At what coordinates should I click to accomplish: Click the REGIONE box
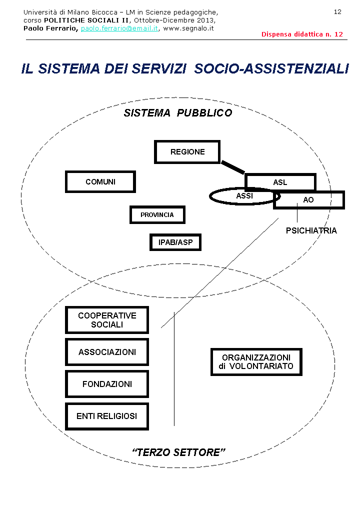coord(187,152)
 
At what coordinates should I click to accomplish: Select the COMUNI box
coord(100,182)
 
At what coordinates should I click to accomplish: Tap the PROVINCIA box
coord(157,215)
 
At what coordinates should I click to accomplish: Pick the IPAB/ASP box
coord(175,242)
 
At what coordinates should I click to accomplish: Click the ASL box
coord(280,182)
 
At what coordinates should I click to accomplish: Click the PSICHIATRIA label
coord(311,231)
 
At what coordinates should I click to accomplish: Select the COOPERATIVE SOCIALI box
coord(107,320)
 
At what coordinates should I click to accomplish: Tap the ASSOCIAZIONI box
coord(107,352)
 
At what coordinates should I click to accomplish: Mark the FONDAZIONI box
coord(107,384)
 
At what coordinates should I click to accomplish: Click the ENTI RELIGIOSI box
coord(107,416)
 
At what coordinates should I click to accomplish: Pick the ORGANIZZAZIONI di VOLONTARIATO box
coord(256,362)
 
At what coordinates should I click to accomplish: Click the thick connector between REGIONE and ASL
coord(232,167)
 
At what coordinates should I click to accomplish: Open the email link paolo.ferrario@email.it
coord(119,28)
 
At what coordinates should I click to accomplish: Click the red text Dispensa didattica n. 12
coord(302,34)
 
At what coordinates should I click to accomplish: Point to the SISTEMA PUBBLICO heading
coord(178,113)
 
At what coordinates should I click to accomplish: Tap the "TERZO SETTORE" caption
coord(178,452)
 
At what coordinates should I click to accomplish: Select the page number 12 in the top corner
coord(337,12)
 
